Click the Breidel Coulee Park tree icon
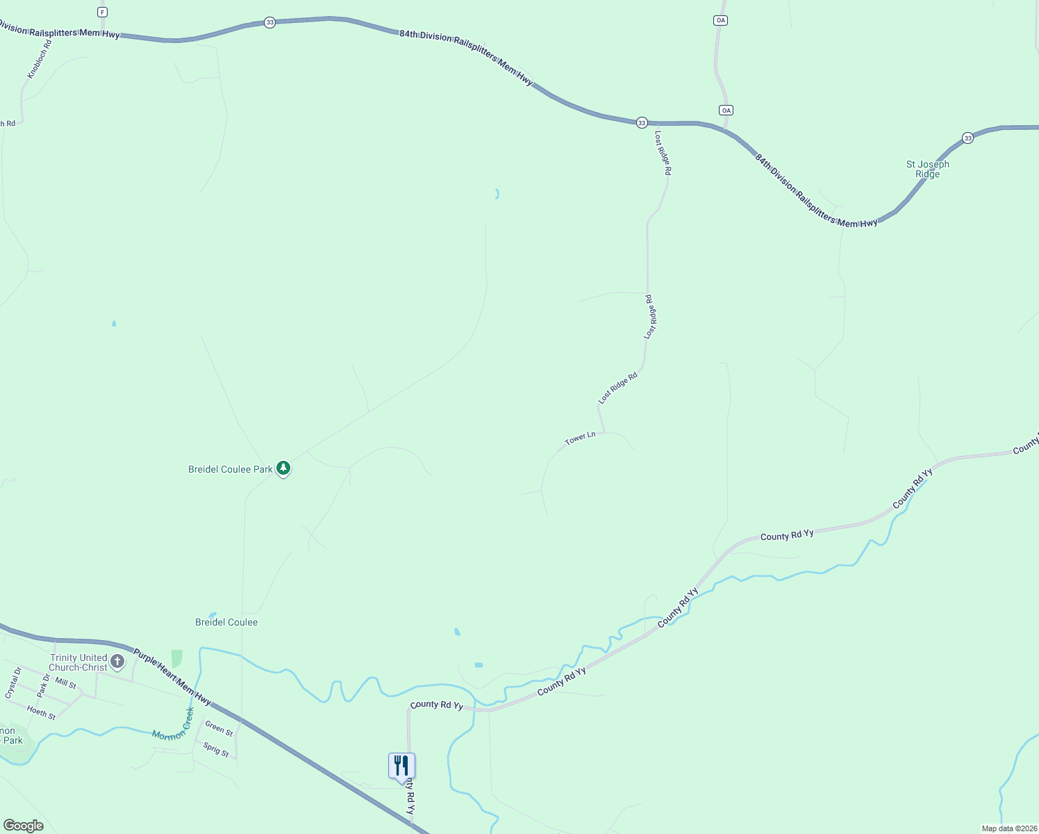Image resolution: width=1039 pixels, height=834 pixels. coord(283,468)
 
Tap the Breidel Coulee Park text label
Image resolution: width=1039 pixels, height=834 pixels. coord(231,470)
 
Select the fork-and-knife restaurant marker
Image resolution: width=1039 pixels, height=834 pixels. coord(401,766)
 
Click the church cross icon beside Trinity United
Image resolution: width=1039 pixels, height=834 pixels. coord(117,661)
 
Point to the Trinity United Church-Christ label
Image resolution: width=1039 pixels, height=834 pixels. coord(78,662)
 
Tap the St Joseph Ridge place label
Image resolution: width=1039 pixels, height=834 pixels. coord(927,169)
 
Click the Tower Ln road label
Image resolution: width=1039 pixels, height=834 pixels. coord(580,438)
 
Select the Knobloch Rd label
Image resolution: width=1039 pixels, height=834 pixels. coord(40,60)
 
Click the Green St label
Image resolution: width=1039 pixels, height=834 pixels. coord(219,728)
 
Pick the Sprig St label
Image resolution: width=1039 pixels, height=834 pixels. coord(216,750)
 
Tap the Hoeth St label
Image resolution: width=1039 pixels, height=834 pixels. coord(41,712)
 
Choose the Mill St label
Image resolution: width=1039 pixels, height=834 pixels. coord(66,684)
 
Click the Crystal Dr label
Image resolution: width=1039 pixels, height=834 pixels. coord(13,682)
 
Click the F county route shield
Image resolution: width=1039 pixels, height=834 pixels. coord(103,13)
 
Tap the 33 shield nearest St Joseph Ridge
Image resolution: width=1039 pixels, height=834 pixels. coord(967,138)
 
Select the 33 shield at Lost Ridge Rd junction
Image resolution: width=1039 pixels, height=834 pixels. coord(642,123)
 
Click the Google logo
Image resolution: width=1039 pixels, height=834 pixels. coord(24,826)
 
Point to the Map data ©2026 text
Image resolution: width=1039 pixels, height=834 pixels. coord(1009,828)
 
